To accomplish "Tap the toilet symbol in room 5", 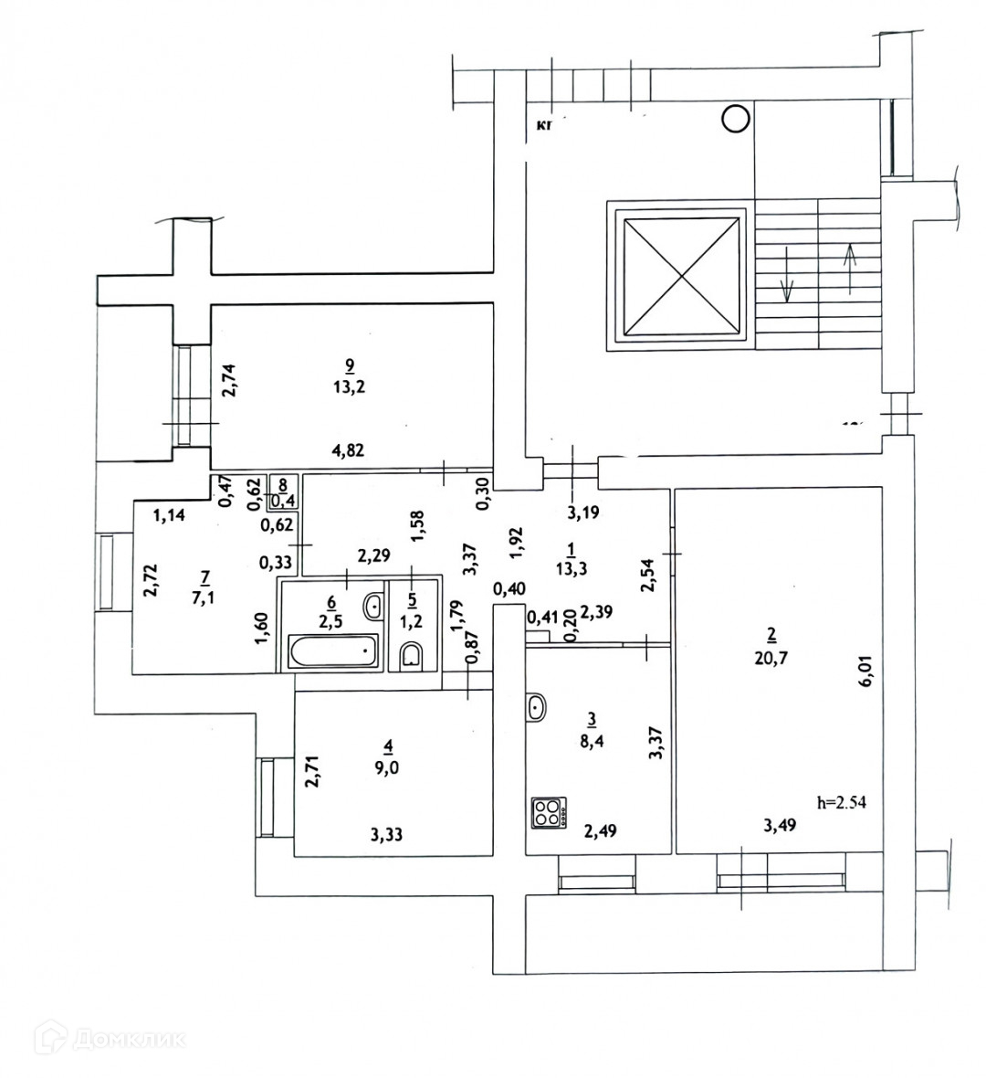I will (411, 655).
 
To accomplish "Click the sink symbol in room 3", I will (537, 706).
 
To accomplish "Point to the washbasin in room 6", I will (373, 605).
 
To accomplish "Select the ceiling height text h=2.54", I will (840, 804).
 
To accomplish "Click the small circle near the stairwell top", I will (735, 118).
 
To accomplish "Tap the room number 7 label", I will (205, 577).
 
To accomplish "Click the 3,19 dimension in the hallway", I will (583, 513).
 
